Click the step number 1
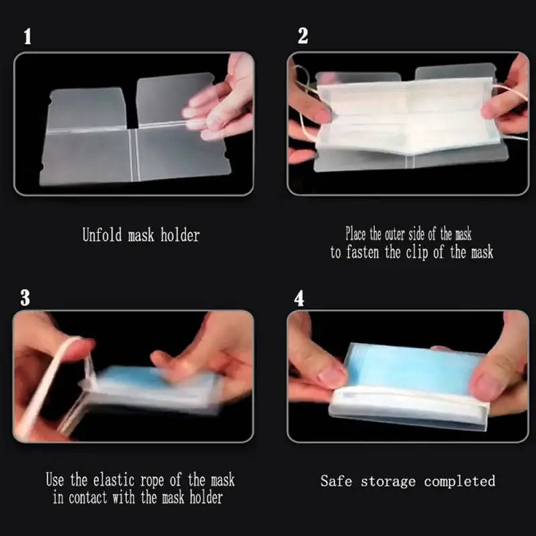coord(27,36)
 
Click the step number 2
coord(303,36)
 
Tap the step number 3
coord(25,297)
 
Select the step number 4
coord(299,297)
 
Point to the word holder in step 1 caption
coord(180,235)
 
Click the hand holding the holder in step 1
coord(221,100)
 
